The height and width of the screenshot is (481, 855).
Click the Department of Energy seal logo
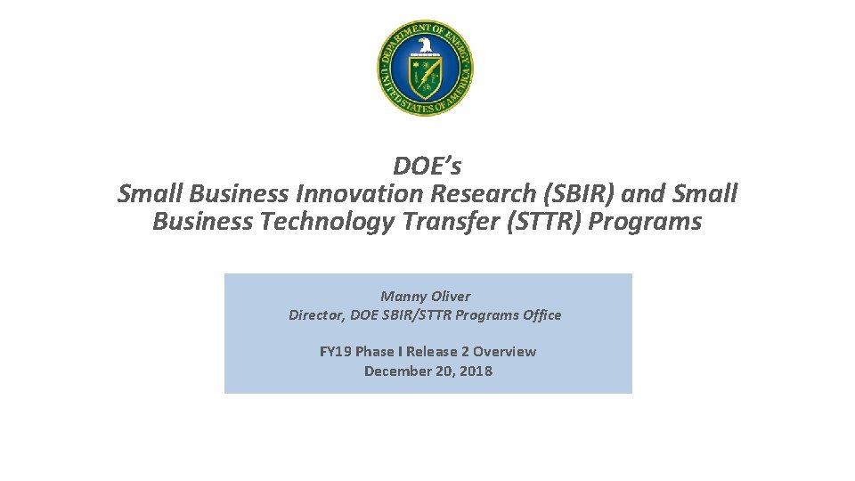(426, 69)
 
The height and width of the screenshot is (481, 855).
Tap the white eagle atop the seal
(426, 45)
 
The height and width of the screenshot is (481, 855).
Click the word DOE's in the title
(427, 166)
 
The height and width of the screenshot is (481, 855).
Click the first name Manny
(403, 296)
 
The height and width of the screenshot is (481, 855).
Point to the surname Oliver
(450, 296)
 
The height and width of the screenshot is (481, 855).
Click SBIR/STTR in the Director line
(422, 314)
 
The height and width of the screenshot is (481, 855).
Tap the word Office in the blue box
(541, 314)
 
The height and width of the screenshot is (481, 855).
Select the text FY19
(336, 351)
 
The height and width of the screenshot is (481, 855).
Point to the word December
(397, 371)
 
